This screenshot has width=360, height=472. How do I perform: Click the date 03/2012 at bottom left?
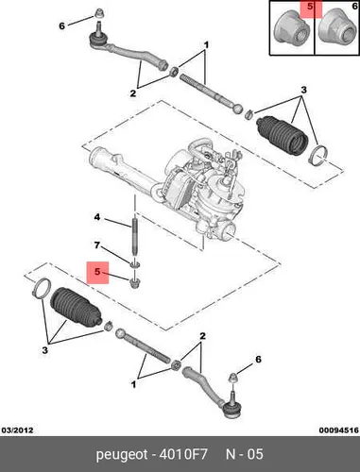(x=17, y=430)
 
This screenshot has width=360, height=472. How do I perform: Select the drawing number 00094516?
(x=339, y=430)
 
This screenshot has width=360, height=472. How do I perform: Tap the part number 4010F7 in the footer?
(x=183, y=454)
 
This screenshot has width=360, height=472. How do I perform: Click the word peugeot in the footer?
(x=122, y=455)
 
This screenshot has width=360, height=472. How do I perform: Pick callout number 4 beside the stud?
(x=97, y=217)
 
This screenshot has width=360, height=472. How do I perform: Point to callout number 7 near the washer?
(x=97, y=244)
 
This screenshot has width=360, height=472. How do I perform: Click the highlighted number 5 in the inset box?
(x=310, y=7)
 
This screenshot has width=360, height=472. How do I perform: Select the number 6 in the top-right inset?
(x=354, y=7)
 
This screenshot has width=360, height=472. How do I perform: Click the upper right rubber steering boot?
(x=283, y=136)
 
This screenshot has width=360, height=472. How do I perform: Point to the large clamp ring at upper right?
(x=318, y=156)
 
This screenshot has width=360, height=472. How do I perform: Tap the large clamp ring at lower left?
(x=42, y=287)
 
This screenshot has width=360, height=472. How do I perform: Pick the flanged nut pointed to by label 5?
(x=135, y=282)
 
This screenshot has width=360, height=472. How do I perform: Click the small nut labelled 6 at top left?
(x=99, y=13)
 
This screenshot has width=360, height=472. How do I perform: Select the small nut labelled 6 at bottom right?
(x=232, y=377)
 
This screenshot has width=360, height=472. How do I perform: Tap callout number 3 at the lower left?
(x=44, y=350)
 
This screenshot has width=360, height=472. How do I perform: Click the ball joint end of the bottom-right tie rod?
(x=232, y=408)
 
